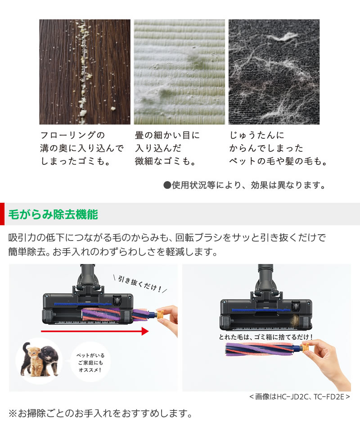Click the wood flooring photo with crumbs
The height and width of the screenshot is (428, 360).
click(x=85, y=72)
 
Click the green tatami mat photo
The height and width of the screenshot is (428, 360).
click(x=179, y=72)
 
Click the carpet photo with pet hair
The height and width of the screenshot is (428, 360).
click(x=274, y=72)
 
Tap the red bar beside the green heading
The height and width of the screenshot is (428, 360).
click(x=2, y=214)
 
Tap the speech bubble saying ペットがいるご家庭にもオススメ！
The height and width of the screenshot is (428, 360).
click(x=90, y=361)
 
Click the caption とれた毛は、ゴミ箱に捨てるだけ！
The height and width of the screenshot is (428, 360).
click(x=266, y=337)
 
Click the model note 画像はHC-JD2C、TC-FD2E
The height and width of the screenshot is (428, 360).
click(x=299, y=396)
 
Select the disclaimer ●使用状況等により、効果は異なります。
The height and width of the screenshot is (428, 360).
click(x=243, y=185)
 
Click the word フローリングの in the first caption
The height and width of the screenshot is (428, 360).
click(x=72, y=135)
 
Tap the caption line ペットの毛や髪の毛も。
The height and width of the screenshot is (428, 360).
click(x=278, y=161)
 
